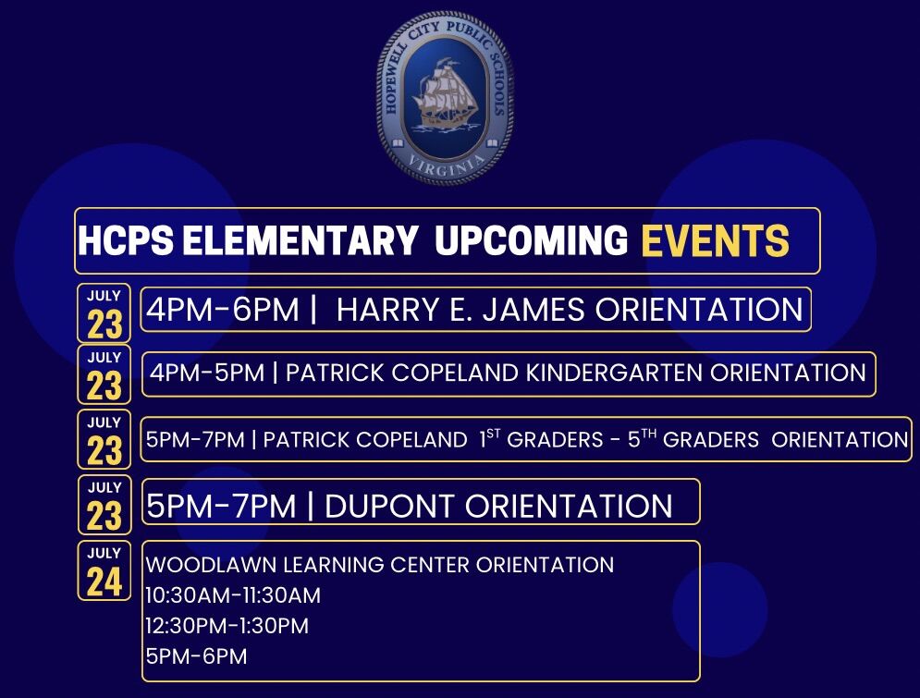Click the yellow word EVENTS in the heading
(x=715, y=240)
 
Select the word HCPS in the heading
(x=126, y=240)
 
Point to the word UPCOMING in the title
(x=531, y=240)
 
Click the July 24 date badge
(x=104, y=570)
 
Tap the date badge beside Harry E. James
(x=104, y=313)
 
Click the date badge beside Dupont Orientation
(x=104, y=505)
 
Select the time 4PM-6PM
(x=223, y=310)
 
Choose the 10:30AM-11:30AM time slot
(x=233, y=595)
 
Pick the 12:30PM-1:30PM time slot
(x=227, y=626)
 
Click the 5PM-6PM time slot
(x=197, y=656)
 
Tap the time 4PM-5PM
(x=207, y=373)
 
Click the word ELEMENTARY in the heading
(x=300, y=240)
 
